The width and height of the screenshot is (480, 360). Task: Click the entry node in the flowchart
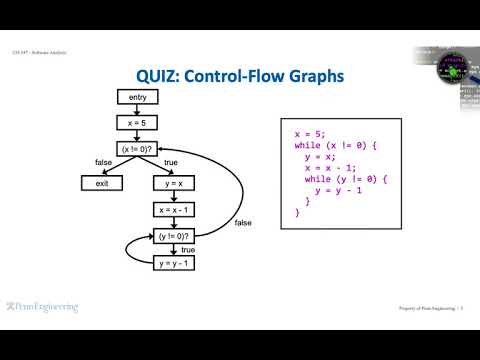(x=138, y=96)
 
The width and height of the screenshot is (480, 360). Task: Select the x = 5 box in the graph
(x=138, y=122)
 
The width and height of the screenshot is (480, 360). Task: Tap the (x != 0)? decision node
(x=138, y=149)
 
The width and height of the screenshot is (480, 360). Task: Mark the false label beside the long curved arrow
(x=243, y=222)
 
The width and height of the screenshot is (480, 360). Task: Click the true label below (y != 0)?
(x=188, y=250)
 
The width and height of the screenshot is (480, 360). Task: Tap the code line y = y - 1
(x=338, y=190)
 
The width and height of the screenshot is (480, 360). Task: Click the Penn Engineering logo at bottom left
(x=42, y=308)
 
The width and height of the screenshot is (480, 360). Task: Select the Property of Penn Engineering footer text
(x=425, y=309)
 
